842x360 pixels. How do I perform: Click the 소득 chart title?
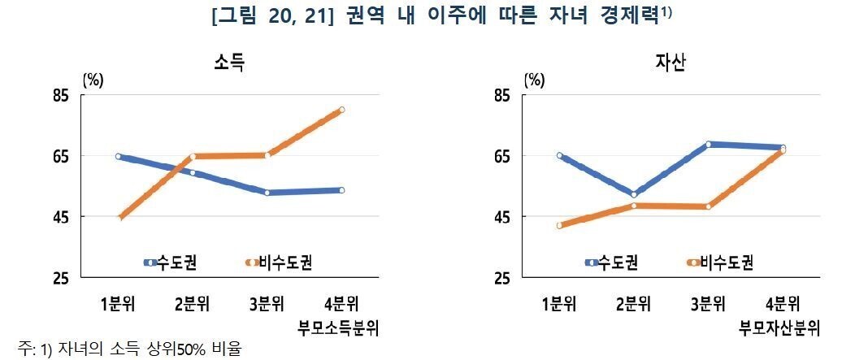click(x=229, y=62)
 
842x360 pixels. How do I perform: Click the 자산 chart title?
click(x=671, y=62)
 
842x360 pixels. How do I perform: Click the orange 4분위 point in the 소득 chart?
click(x=342, y=110)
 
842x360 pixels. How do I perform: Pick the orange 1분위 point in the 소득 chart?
click(x=119, y=218)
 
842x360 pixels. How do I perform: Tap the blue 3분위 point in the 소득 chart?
click(x=267, y=193)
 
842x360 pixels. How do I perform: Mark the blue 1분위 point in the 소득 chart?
click(x=119, y=156)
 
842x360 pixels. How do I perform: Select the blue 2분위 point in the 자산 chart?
click(x=633, y=194)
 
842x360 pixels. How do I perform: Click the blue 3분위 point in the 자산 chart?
click(x=709, y=144)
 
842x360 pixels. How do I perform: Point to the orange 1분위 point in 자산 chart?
click(x=559, y=225)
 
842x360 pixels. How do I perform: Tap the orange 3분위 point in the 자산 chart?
click(x=709, y=206)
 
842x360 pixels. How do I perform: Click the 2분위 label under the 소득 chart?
click(x=193, y=305)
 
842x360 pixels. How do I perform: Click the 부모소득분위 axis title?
click(x=340, y=328)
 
